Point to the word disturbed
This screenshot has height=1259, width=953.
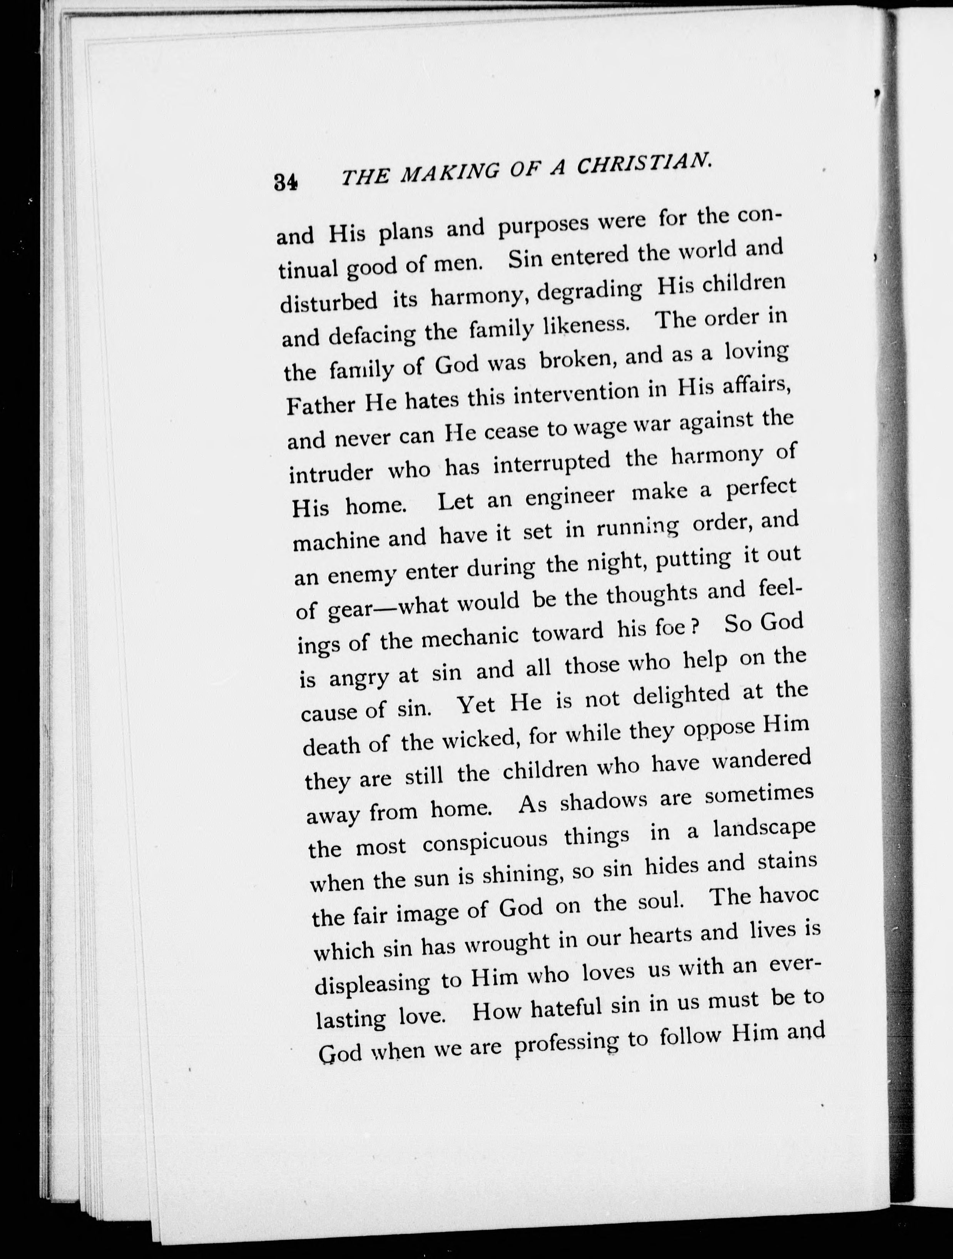point(328,301)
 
